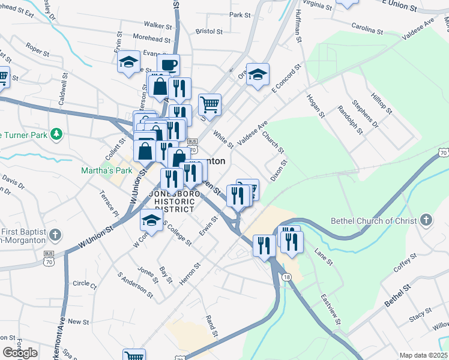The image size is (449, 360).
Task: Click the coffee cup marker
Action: tap(168, 64)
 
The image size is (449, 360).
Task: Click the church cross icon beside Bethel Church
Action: tap(426, 220)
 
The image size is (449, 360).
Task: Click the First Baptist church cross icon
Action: tap(55, 234)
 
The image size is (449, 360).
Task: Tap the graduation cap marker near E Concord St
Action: tap(258, 74)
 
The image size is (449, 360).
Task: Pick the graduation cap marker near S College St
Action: tap(151, 220)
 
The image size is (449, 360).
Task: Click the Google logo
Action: tap(20, 353)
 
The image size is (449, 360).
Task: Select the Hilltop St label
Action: tap(381, 103)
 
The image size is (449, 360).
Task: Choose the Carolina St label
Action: tap(367, 29)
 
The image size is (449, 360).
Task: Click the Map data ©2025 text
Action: tap(423, 355)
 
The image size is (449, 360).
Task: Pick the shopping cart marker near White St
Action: tap(209, 104)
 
